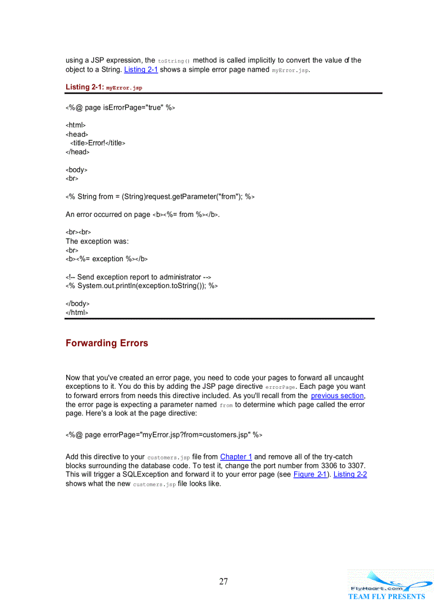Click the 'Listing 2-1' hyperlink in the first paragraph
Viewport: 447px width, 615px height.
[141, 70]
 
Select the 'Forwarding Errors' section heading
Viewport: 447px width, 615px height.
[107, 343]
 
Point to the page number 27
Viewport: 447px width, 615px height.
[224, 582]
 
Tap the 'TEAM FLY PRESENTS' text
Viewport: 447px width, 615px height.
[386, 596]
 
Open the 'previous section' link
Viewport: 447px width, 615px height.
[337, 395]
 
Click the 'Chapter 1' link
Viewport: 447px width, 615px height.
[236, 457]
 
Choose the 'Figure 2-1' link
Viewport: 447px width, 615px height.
[311, 474]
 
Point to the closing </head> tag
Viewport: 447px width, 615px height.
[77, 152]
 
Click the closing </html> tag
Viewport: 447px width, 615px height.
[77, 312]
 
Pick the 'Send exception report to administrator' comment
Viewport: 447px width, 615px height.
[139, 277]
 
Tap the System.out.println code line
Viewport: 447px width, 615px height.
[142, 286]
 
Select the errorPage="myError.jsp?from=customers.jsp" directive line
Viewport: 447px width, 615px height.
[164, 435]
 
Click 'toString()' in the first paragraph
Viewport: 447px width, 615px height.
[174, 61]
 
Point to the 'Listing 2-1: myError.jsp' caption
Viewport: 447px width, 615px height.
[104, 87]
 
